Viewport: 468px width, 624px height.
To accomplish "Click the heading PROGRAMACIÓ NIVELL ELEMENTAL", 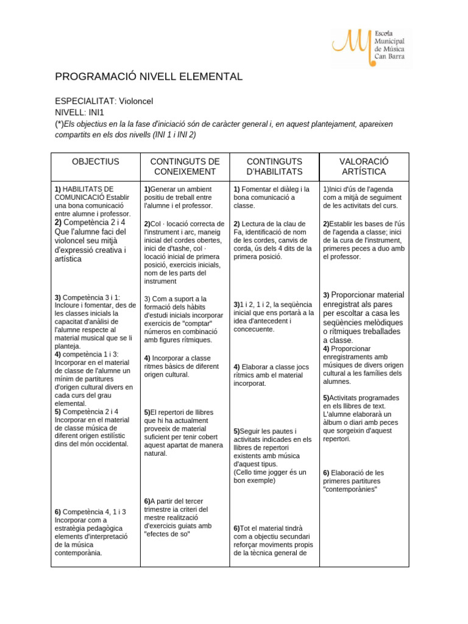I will pyautogui.click(x=149, y=77).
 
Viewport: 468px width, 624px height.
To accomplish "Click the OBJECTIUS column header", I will pyautogui.click(x=96, y=161).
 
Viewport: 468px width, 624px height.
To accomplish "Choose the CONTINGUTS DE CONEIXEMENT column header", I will pyautogui.click(x=185, y=166).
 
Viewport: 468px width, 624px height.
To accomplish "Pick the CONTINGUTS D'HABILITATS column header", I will pyautogui.click(x=274, y=166).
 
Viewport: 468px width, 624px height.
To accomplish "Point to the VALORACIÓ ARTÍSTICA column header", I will pyautogui.click(x=364, y=166).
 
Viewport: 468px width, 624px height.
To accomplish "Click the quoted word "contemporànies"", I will pyautogui.click(x=350, y=489).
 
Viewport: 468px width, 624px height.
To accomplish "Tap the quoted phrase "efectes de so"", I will pyautogui.click(x=168, y=534).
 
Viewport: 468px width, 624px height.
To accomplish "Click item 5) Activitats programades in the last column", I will pyautogui.click(x=361, y=397).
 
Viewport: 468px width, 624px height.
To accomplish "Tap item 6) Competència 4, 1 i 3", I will pyautogui.click(x=90, y=512).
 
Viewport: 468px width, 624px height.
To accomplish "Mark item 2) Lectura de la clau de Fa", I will pyautogui.click(x=273, y=224).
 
